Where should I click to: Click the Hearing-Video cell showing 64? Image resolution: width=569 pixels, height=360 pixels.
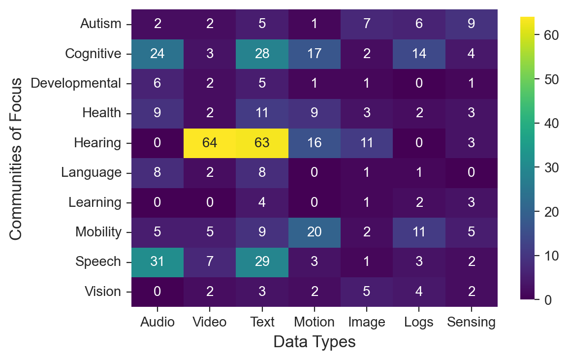(210, 143)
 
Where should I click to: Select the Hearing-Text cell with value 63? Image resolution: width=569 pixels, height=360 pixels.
(262, 143)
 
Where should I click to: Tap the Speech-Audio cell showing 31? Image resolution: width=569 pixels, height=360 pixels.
(158, 262)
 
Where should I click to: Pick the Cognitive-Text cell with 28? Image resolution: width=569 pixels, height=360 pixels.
(262, 54)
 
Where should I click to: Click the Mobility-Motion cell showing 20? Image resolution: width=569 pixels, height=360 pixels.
(314, 232)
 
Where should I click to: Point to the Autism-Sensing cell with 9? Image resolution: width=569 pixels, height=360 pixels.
(471, 24)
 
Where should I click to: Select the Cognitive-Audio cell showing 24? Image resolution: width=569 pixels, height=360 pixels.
(158, 54)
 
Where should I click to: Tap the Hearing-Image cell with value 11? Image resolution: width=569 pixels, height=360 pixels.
(367, 143)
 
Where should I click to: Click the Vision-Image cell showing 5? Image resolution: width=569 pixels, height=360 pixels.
(367, 292)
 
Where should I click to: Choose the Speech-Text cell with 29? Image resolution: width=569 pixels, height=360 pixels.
(262, 262)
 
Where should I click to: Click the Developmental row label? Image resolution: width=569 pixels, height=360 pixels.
(76, 83)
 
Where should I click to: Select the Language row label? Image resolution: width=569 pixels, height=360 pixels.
(92, 173)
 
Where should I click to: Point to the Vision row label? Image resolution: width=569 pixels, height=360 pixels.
(102, 292)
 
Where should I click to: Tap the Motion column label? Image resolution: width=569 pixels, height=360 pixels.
(314, 322)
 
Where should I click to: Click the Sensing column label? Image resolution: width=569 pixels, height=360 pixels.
(471, 322)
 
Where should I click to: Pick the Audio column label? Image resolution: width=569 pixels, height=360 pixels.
(158, 322)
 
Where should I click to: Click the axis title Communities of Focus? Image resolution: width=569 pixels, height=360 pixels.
(16, 158)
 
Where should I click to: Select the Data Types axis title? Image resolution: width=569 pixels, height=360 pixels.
(314, 342)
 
